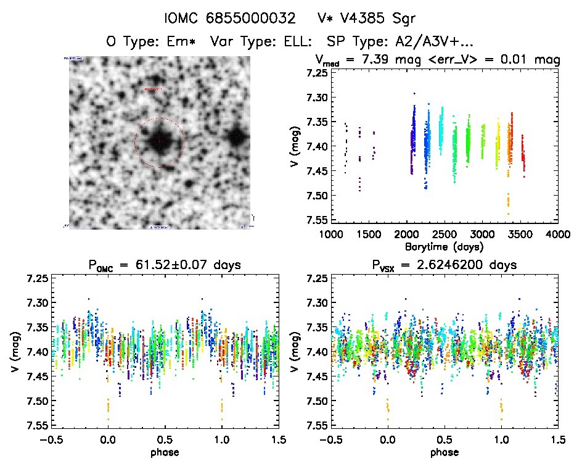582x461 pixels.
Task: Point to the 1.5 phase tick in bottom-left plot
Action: coord(279,439)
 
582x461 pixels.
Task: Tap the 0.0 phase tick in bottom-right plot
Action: coord(387,439)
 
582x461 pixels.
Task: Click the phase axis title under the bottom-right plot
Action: coord(444,452)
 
